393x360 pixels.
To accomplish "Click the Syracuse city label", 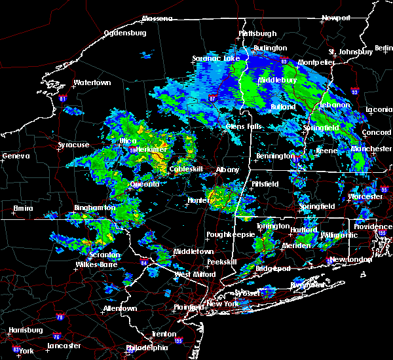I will point(73,145).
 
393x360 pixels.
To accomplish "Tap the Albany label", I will point(228,170).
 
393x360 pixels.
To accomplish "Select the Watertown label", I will point(92,83).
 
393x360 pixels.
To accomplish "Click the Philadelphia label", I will point(147,348).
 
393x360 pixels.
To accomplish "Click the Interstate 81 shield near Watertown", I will point(63,99).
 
